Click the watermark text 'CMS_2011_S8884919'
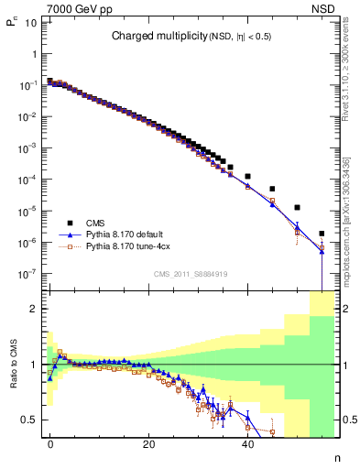[190, 273]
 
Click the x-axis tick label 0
[50, 446]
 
